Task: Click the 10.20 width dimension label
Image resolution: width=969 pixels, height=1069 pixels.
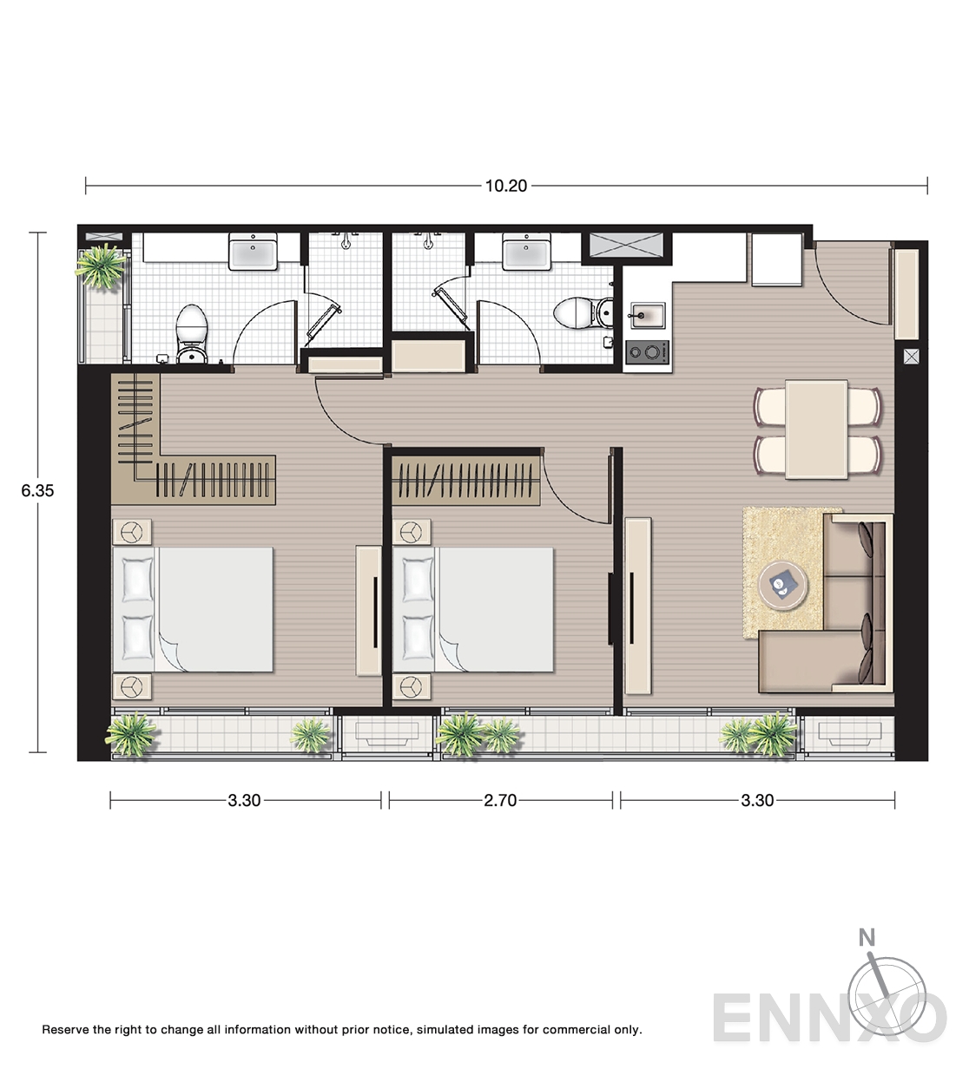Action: pos(505,186)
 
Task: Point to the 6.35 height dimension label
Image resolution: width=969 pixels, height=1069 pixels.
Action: pos(37,491)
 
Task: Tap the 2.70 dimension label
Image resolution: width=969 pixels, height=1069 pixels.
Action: pos(500,800)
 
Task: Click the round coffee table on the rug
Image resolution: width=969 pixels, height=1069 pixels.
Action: pos(783,585)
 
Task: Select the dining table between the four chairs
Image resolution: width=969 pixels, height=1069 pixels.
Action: pos(816,430)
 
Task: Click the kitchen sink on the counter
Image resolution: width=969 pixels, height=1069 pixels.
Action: pos(648,317)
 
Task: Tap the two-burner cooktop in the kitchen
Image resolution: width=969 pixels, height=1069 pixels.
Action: pos(648,352)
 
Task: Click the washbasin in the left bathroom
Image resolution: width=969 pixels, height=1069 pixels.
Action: pos(253,251)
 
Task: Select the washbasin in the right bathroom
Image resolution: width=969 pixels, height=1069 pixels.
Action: pos(526,251)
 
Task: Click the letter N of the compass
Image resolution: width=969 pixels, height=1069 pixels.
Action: pos(867,937)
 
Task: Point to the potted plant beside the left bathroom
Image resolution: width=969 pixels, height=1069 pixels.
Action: pos(101,266)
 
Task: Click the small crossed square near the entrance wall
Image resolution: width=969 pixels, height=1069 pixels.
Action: pos(912,357)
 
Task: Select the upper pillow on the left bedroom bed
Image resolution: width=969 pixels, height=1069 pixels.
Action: pos(137,580)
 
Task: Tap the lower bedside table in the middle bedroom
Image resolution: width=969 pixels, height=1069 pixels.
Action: pos(412,686)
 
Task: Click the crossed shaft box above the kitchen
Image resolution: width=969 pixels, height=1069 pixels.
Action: pos(627,246)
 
